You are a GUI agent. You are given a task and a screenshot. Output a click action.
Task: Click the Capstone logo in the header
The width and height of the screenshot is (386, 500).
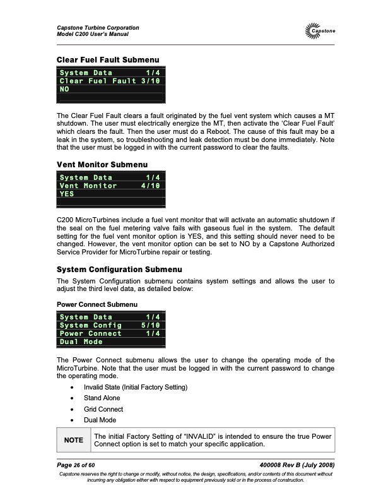pos(319,31)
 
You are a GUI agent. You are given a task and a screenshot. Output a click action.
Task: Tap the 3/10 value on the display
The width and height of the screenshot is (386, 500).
pos(149,81)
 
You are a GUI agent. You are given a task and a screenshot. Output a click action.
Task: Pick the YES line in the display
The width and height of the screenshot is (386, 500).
pos(66,194)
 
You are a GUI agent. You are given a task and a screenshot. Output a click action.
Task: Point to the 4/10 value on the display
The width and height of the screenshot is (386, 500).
pos(149,186)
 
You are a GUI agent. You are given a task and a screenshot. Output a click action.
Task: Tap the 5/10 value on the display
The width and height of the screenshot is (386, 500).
pos(149,325)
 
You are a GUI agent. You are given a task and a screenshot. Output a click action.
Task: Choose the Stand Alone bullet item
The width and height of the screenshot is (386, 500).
pos(102,398)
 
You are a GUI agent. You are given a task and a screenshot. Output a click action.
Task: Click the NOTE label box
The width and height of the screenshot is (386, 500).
pos(73,442)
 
